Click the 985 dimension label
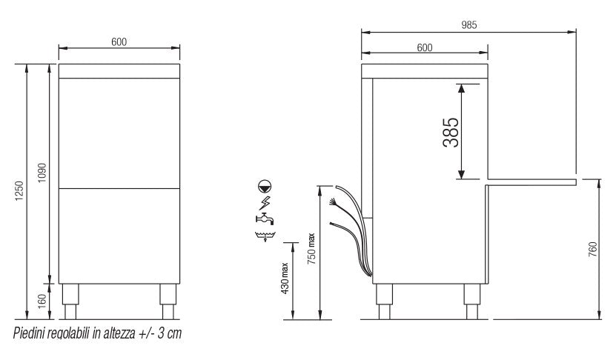point(468,25)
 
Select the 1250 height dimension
point(19,191)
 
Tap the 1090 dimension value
point(42,173)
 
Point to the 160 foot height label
point(42,301)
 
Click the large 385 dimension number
point(451,133)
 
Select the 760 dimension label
point(593,250)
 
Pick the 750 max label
point(311,248)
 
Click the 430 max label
point(285,278)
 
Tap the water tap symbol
point(265,219)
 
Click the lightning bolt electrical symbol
point(265,202)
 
